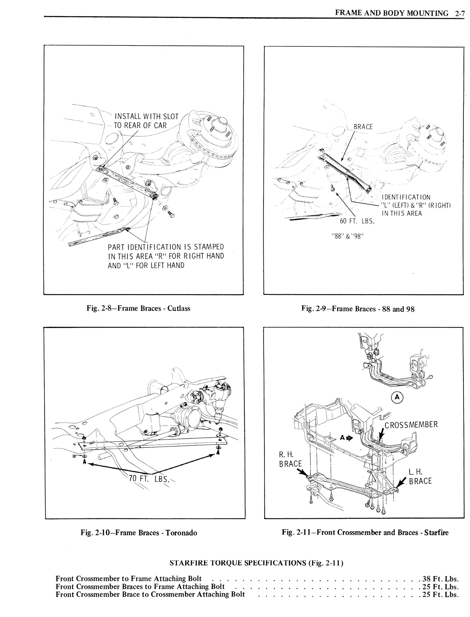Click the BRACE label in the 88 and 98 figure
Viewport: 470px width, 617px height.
click(363, 127)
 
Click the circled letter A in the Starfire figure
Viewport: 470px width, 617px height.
click(397, 397)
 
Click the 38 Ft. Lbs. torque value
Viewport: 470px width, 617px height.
click(440, 579)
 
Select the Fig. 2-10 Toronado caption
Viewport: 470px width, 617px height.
click(139, 532)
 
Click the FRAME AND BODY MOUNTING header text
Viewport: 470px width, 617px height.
click(392, 13)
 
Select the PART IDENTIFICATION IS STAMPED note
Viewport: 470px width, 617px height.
click(166, 256)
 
